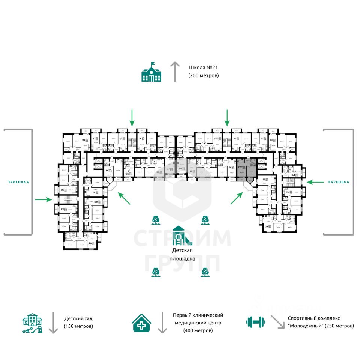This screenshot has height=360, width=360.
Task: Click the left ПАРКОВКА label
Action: (18, 182)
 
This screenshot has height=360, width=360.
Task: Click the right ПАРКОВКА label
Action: (338, 182)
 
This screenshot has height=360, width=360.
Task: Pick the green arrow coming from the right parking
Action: (315, 182)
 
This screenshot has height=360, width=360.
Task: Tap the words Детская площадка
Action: (182, 254)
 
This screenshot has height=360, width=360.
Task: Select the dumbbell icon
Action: (256, 321)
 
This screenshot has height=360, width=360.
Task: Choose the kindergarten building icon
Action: (32, 323)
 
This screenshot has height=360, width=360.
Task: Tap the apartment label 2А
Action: (90, 243)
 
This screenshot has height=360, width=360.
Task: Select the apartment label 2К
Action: (267, 226)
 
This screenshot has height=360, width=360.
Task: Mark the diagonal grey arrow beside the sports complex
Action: (278, 322)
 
